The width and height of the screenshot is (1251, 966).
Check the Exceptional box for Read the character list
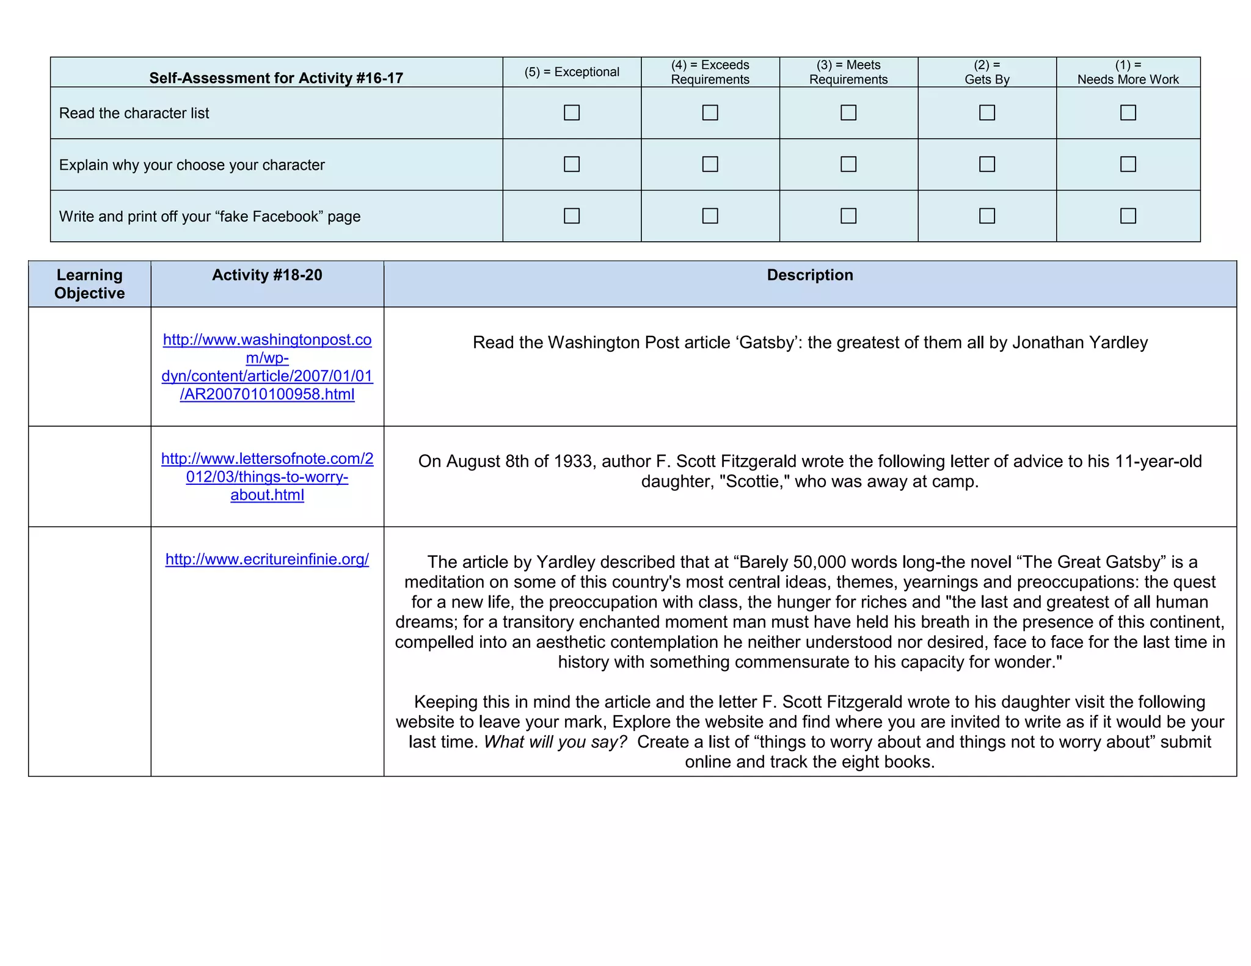point(571,112)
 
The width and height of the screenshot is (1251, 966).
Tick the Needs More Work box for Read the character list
point(1128,112)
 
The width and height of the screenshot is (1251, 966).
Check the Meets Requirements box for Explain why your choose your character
point(848,164)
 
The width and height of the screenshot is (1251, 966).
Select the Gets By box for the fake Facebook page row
point(987,216)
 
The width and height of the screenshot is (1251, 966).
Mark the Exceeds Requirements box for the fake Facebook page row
point(710,216)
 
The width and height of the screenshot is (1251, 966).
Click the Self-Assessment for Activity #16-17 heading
point(276,78)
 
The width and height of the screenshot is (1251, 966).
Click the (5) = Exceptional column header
point(571,72)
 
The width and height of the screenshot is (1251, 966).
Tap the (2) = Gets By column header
point(987,72)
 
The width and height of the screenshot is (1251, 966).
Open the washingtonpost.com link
point(267,366)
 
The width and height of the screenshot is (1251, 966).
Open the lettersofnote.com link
point(267,476)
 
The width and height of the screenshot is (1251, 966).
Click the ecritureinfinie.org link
point(267,559)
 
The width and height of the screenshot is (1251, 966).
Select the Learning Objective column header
point(89,284)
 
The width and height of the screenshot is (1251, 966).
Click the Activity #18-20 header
point(267,275)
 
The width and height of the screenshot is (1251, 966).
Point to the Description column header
point(809,275)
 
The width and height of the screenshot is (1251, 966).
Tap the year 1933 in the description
point(573,462)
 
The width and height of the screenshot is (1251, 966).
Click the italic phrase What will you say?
point(555,742)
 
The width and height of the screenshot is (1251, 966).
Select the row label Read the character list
point(134,114)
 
